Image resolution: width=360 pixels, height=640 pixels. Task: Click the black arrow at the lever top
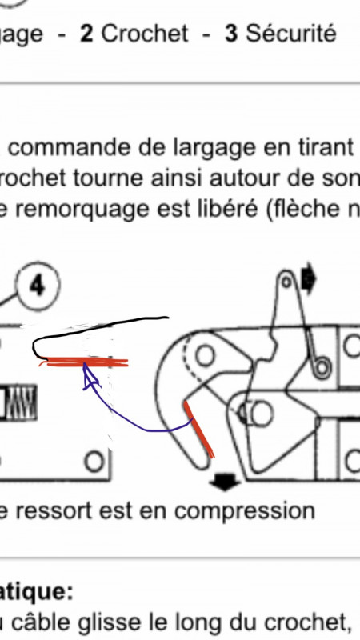pos(308,279)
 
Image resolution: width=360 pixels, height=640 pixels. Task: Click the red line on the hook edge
pos(199,428)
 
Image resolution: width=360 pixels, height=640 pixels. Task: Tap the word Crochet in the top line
pos(145,34)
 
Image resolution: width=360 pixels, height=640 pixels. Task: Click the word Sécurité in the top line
pos(290,34)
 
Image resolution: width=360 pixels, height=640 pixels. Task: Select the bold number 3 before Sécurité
pos(230,34)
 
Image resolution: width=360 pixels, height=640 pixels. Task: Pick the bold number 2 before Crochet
pos(87,34)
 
